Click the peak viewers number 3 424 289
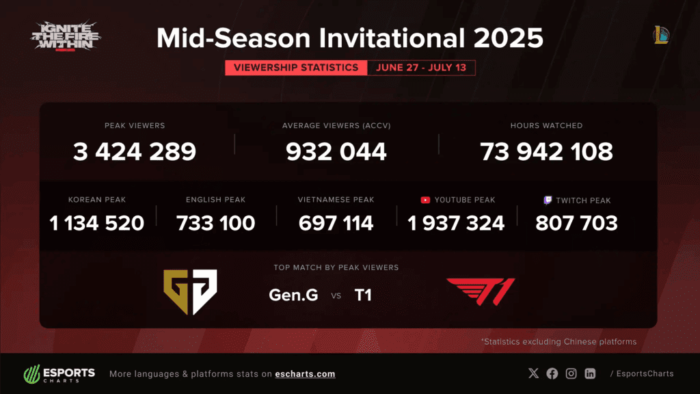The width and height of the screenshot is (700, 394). [x=135, y=152]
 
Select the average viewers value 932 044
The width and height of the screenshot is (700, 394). [x=336, y=152]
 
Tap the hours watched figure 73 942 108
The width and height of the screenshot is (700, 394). [x=546, y=152]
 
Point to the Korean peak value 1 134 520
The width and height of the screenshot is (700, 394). [x=97, y=223]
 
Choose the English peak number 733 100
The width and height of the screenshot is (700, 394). [x=216, y=223]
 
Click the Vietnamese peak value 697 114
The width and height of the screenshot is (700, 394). [x=336, y=223]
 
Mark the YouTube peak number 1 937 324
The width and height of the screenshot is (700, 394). [x=456, y=223]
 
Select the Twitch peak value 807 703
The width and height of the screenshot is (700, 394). [x=577, y=223]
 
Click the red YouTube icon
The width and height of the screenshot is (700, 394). [x=425, y=200]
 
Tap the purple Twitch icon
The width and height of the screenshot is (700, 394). [x=547, y=200]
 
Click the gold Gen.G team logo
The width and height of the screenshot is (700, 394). [x=190, y=291]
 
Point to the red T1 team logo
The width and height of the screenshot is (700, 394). [x=480, y=292]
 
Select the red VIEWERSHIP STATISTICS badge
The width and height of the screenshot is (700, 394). [x=296, y=68]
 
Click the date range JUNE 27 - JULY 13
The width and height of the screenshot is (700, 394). [x=421, y=68]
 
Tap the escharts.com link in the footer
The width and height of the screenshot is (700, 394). [x=305, y=374]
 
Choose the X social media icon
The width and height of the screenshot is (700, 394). [x=534, y=373]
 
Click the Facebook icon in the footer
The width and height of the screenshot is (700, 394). [x=552, y=373]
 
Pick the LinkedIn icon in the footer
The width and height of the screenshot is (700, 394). [x=590, y=373]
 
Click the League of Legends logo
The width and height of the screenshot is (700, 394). [x=660, y=35]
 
